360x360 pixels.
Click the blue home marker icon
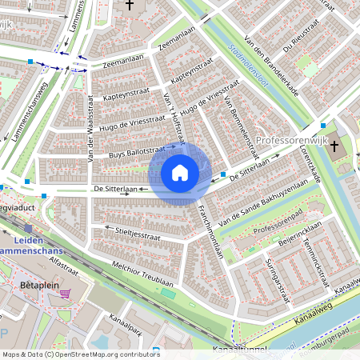[x=180, y=172]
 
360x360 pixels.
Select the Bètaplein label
[x=36, y=285]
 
